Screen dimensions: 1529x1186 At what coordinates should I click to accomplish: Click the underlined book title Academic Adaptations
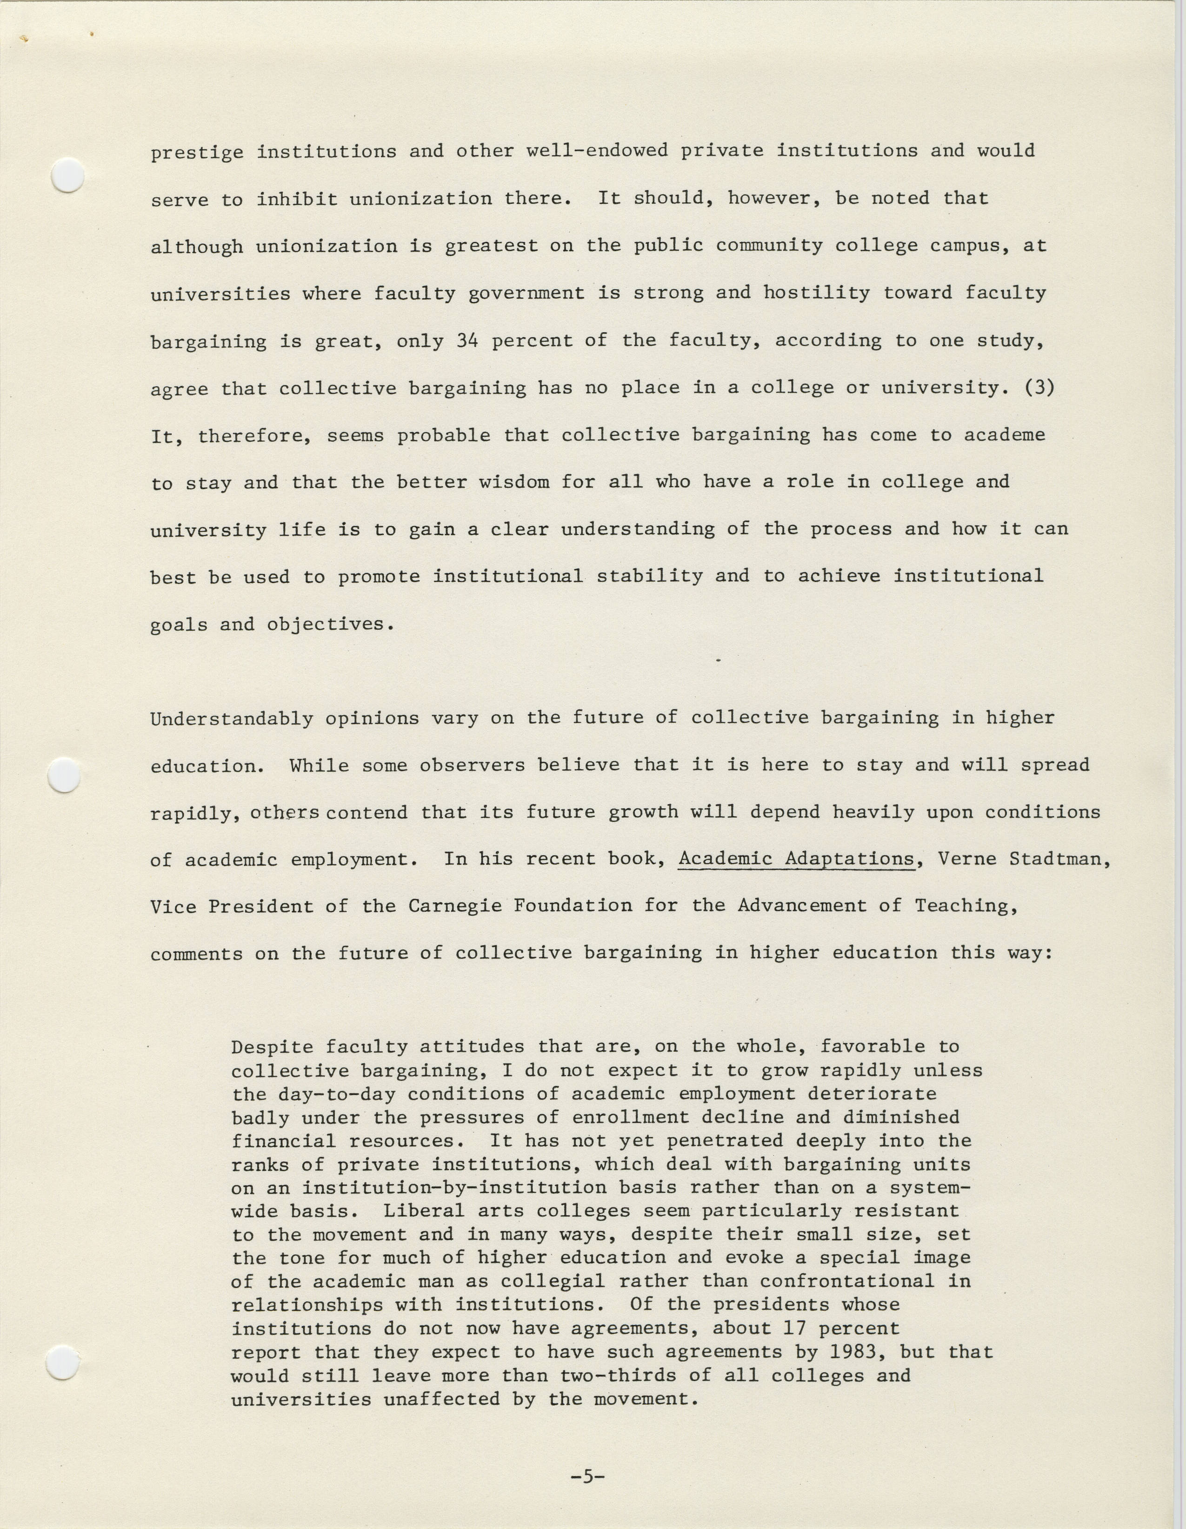tap(796, 859)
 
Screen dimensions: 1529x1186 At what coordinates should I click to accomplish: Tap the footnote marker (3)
tap(1039, 388)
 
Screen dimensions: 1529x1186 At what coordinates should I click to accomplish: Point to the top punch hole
tap(69, 174)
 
